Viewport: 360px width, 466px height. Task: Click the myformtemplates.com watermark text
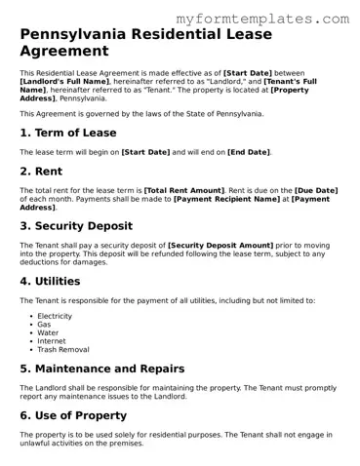[x=275, y=19]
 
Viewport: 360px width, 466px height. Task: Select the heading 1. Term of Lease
[x=68, y=133]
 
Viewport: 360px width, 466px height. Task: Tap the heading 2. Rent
[x=44, y=171]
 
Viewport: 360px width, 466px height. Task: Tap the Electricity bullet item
[x=57, y=316]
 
